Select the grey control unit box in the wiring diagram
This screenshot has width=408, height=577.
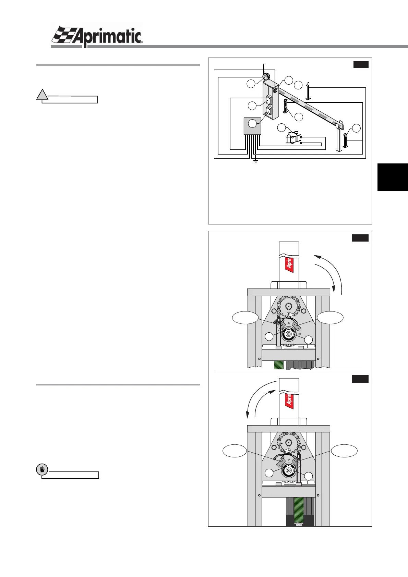point(253,126)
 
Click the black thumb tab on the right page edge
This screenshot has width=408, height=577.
point(393,177)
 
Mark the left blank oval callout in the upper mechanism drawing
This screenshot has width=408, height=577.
point(245,318)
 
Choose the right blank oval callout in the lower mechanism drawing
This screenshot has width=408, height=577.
point(344,451)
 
